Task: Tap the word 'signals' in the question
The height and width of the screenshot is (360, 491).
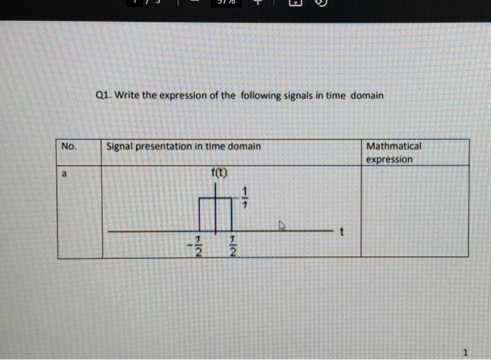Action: (x=293, y=95)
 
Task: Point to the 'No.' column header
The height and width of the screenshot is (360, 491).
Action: (x=69, y=146)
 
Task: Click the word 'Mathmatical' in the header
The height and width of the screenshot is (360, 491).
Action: (x=394, y=146)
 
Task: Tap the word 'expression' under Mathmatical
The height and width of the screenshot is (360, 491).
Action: (x=389, y=159)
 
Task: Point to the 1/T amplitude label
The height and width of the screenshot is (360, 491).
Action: (x=245, y=199)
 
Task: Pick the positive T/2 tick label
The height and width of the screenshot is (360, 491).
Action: (x=231, y=246)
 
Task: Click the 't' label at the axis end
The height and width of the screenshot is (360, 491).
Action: (x=342, y=232)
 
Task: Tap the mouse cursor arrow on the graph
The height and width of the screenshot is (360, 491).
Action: (x=283, y=226)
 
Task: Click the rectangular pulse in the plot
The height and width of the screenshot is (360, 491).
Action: (x=215, y=214)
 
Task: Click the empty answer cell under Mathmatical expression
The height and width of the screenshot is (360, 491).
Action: (x=414, y=211)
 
